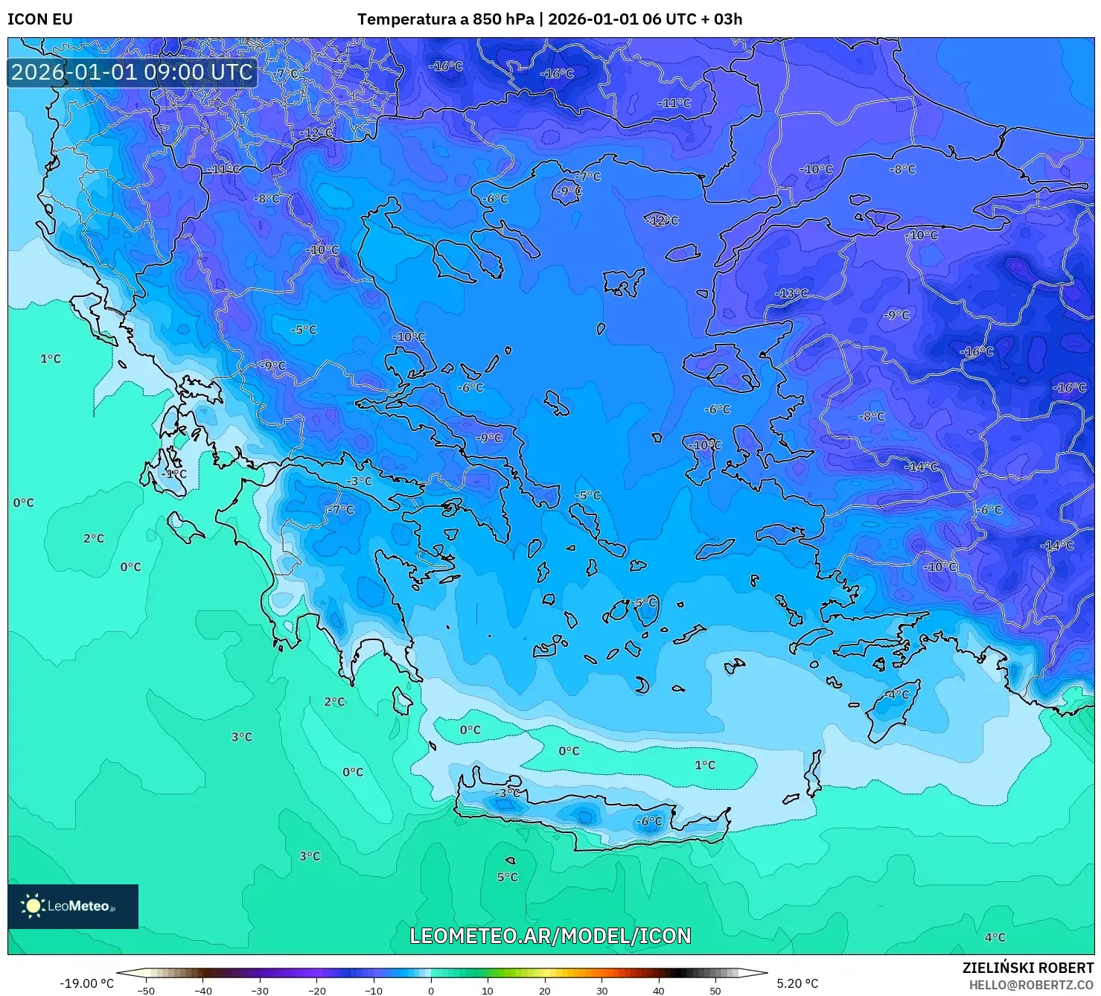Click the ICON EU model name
40,19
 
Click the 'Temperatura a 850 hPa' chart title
444,19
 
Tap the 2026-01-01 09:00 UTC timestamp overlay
133,72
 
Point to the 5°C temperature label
507,877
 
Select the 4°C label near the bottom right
995,937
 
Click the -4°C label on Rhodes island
896,694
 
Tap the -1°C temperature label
175,473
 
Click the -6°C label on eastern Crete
649,821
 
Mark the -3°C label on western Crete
508,793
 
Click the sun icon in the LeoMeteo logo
33,906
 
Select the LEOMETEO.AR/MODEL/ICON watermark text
550,936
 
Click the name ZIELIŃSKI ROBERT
1027,968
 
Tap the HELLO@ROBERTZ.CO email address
1031,985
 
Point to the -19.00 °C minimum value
86,983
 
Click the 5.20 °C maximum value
797,983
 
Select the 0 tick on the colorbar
430,990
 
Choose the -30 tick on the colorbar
259,990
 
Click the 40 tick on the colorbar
658,990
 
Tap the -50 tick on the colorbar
146,990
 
